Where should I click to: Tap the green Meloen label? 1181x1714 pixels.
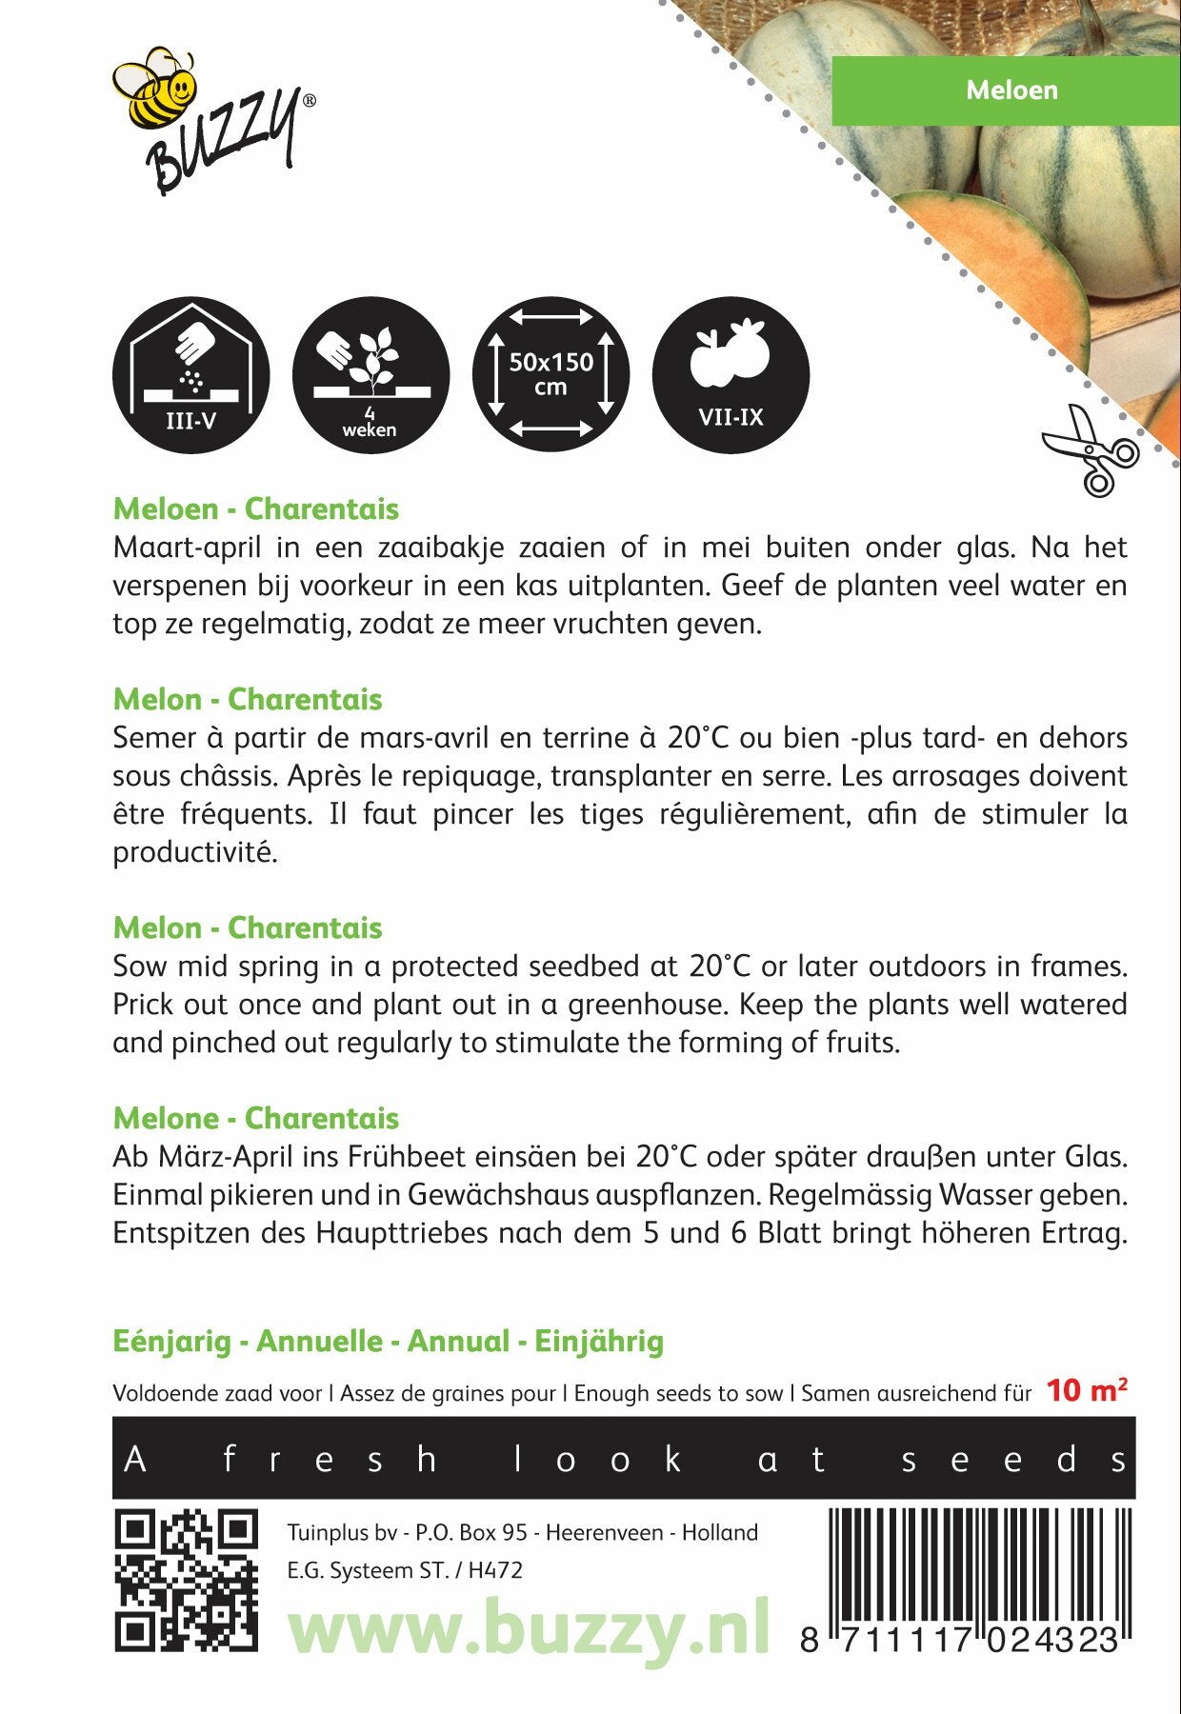(x=1011, y=90)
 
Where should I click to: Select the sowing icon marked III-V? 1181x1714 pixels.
(x=190, y=374)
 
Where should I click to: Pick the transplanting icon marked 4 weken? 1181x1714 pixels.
(x=370, y=374)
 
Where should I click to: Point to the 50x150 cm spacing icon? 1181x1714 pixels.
(x=550, y=374)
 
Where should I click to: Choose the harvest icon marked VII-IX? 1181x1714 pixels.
(x=731, y=374)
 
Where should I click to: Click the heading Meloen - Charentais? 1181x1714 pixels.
(x=255, y=509)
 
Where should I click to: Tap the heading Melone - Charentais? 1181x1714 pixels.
(x=255, y=1119)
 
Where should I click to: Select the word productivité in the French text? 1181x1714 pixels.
(x=194, y=852)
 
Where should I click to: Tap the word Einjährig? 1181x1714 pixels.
(x=599, y=1342)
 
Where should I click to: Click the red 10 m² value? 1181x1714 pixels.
(x=1087, y=1391)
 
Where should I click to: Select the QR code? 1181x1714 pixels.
(x=186, y=1580)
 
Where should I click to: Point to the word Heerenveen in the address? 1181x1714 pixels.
(x=605, y=1532)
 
